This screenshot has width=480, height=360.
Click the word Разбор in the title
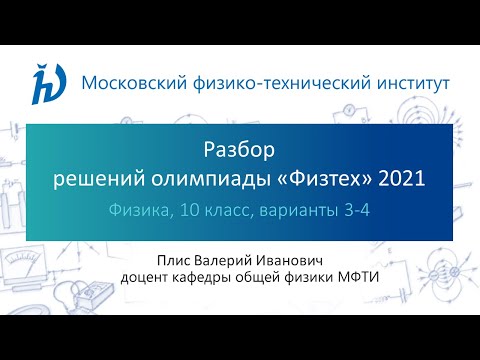click(x=240, y=152)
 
